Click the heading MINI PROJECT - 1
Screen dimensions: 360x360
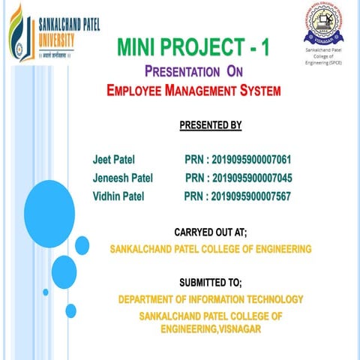[193, 49]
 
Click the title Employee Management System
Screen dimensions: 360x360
[193, 91]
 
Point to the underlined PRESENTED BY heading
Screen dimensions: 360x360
[211, 124]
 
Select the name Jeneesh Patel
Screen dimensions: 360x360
[123, 178]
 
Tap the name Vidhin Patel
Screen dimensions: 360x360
[119, 196]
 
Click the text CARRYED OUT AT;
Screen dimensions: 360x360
[211, 232]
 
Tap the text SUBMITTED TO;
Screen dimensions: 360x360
[211, 283]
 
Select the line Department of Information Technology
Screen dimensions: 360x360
[211, 299]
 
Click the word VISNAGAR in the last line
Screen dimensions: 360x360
[238, 330]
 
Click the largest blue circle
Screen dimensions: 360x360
[49, 208]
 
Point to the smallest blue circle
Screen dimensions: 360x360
[46, 292]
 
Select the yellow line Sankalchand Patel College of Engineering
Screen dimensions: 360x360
[211, 249]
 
